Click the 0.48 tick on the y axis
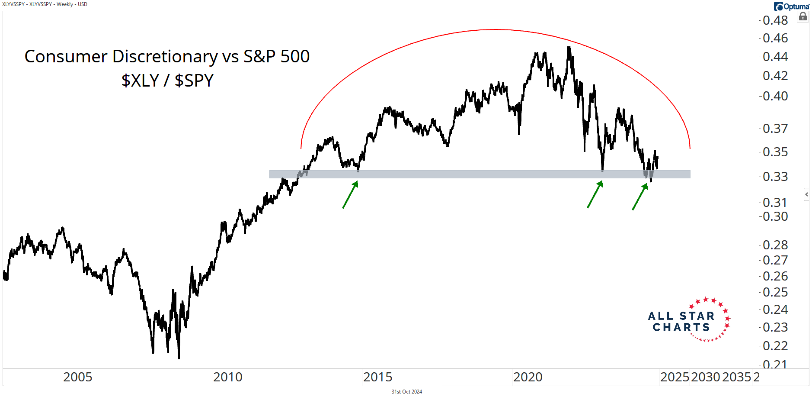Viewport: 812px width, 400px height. coord(775,20)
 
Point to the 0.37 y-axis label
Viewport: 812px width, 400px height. coord(775,129)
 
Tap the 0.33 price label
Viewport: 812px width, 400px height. coord(775,177)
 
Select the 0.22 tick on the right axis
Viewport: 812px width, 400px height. coord(775,346)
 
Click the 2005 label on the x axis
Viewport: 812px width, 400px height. coord(78,377)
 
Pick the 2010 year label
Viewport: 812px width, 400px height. coord(228,377)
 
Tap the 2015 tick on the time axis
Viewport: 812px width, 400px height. coord(378,377)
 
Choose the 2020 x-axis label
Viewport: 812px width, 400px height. coord(528,377)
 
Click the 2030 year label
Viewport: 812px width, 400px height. coord(706,377)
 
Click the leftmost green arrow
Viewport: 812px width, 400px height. coord(351,194)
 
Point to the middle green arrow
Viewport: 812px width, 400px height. coord(595,194)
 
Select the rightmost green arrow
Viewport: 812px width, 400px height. coord(640,197)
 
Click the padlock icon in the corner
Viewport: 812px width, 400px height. coord(803,17)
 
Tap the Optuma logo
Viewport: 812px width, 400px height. coord(792,6)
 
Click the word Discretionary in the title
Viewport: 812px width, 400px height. coord(165,57)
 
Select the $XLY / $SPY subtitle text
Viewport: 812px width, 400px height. coord(167,81)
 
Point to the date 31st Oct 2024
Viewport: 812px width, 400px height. coord(406,392)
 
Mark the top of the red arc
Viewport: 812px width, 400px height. coord(496,29)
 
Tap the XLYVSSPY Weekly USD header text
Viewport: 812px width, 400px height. coord(45,4)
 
